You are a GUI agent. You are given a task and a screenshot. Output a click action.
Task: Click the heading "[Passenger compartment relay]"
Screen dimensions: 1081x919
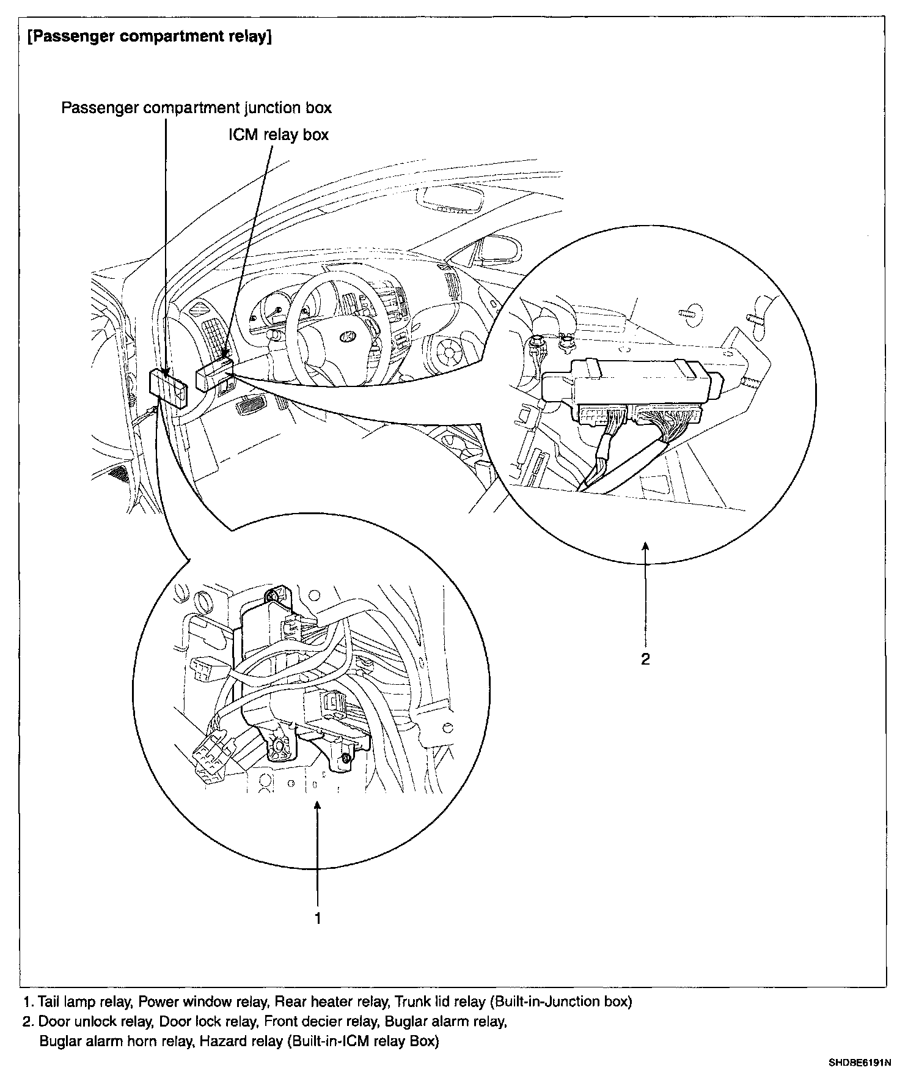click(x=150, y=36)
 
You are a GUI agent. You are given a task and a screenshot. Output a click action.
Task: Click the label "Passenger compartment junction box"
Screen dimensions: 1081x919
click(x=196, y=108)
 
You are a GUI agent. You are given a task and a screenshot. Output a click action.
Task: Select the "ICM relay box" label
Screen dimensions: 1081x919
click(x=279, y=135)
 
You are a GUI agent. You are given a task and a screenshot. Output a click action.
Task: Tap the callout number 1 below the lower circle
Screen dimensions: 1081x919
click(x=317, y=918)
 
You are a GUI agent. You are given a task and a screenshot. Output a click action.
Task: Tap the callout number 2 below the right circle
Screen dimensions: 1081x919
click(x=645, y=659)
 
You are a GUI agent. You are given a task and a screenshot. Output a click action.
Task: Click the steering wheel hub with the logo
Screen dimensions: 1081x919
click(x=346, y=336)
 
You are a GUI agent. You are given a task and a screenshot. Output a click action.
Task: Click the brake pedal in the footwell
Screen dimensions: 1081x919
click(x=250, y=405)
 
